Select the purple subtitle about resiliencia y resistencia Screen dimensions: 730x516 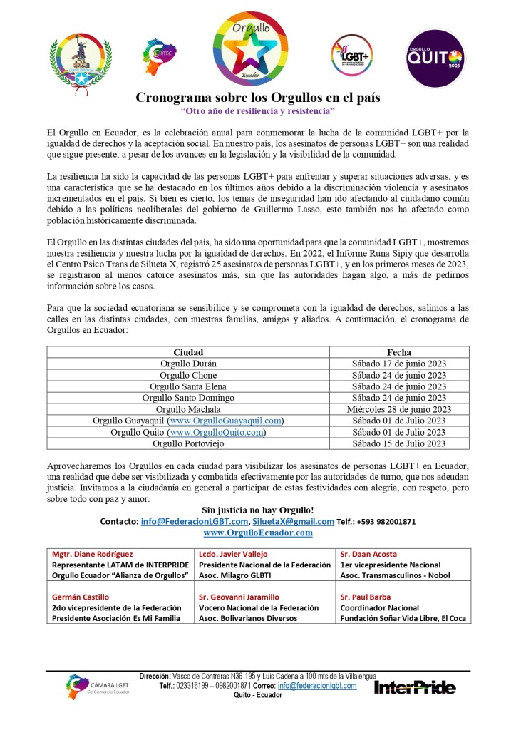click(x=258, y=112)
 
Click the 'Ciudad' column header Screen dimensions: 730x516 click(x=188, y=352)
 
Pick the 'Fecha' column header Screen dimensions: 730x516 click(x=399, y=352)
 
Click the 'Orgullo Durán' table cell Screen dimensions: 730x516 click(x=188, y=364)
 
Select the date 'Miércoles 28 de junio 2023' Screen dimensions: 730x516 click(x=399, y=409)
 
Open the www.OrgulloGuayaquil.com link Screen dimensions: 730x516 click(x=225, y=421)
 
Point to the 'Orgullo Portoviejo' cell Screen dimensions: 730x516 click(x=188, y=443)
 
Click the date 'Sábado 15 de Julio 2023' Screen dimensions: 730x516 click(x=399, y=443)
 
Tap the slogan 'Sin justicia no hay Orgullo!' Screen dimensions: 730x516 click(x=258, y=510)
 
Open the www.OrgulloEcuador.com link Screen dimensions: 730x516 click(x=258, y=533)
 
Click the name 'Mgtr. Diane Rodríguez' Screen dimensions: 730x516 click(x=93, y=554)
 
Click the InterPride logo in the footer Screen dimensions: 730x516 click(x=415, y=688)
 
